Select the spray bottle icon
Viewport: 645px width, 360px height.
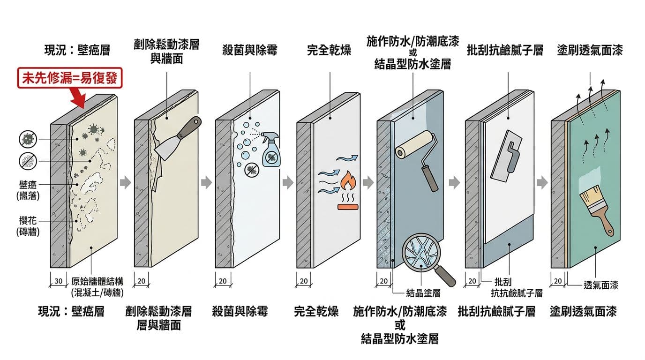click(270, 150)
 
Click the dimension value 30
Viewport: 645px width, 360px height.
click(59, 281)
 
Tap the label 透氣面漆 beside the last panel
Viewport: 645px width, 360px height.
click(600, 285)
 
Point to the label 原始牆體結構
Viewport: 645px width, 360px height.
click(97, 281)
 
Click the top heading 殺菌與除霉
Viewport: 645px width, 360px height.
click(250, 50)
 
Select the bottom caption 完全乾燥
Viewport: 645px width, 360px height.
click(316, 311)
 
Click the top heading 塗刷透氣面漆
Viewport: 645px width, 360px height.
click(590, 50)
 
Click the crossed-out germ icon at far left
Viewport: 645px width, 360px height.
click(28, 139)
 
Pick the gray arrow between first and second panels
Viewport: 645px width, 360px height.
click(125, 182)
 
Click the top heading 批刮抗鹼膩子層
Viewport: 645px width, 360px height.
click(505, 50)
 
